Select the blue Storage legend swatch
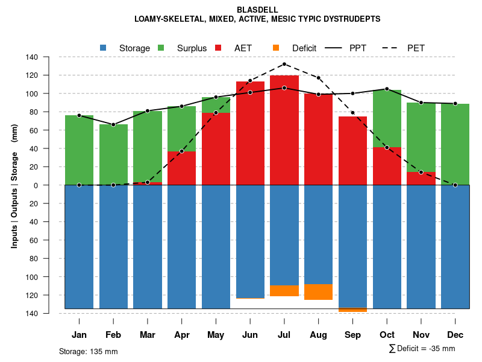104,48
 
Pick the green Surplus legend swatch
161,48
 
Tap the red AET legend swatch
219,48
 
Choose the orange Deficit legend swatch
276,48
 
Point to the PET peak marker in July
284,64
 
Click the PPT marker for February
113,124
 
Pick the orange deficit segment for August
319,292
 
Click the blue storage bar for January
79,247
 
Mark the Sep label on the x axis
352,335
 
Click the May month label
216,335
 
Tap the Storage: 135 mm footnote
88,351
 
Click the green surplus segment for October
387,118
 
